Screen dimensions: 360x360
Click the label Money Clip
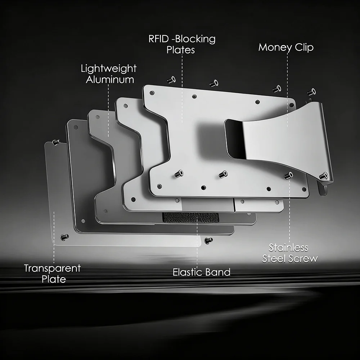coord(286,47)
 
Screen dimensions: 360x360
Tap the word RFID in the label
coord(159,39)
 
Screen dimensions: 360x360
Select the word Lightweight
coord(109,68)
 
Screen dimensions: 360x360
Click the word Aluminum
coord(110,80)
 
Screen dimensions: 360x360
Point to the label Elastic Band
coord(201,272)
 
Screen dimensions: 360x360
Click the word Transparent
coord(52,268)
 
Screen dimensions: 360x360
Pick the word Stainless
coord(288,248)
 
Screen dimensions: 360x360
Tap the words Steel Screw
coord(290,258)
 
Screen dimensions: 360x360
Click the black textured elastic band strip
coord(190,217)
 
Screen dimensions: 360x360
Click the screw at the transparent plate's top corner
coord(56,142)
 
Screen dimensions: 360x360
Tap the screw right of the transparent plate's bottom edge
coord(208,240)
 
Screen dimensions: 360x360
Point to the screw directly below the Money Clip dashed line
coord(289,175)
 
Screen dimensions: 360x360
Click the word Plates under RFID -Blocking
coord(181,50)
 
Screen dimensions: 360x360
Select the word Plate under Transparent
coord(54,279)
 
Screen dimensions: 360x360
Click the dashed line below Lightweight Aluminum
coord(108,111)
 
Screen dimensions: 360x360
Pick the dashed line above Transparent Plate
coord(54,238)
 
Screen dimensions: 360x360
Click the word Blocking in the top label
coord(195,39)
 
